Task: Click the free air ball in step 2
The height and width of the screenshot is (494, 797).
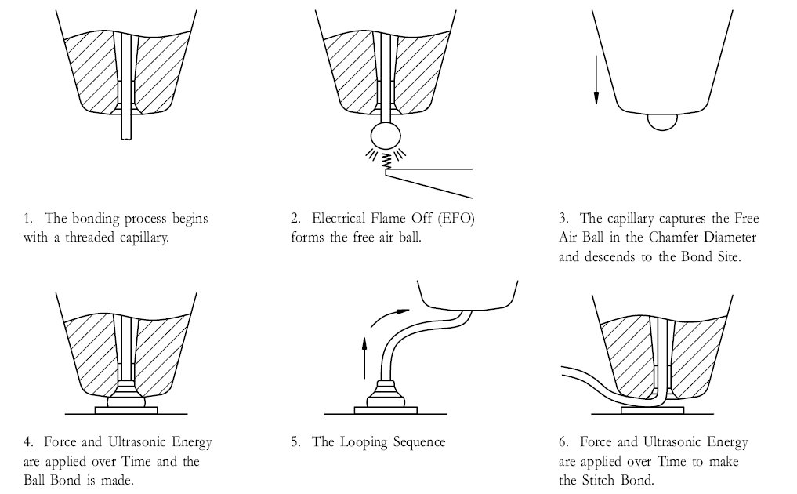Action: click(385, 135)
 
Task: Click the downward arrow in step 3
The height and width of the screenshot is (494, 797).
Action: click(596, 79)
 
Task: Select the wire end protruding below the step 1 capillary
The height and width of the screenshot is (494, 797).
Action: click(126, 125)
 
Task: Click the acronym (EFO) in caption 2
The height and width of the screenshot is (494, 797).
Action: click(455, 218)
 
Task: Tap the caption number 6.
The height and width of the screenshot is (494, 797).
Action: click(563, 442)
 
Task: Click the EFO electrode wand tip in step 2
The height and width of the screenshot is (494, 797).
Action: click(388, 174)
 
